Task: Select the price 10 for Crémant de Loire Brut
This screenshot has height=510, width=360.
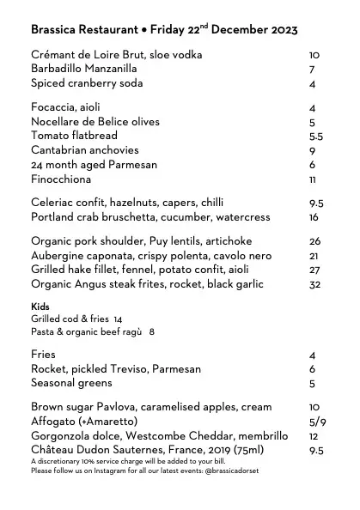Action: pyautogui.click(x=314, y=55)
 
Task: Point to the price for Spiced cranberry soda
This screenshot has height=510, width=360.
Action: pyautogui.click(x=313, y=84)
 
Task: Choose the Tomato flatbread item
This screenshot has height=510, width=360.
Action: pyautogui.click(x=74, y=136)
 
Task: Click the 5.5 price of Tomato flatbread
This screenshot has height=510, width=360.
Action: pyautogui.click(x=315, y=137)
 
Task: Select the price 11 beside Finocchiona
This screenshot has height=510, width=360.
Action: pyautogui.click(x=313, y=180)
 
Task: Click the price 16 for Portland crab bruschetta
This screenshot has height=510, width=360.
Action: pyautogui.click(x=314, y=218)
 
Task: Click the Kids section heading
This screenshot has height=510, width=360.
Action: pyautogui.click(x=40, y=307)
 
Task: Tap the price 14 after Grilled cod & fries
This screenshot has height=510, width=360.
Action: pyautogui.click(x=118, y=319)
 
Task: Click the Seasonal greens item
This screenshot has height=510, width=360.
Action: pyautogui.click(x=74, y=384)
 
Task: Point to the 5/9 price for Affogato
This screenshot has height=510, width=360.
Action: pyautogui.click(x=317, y=422)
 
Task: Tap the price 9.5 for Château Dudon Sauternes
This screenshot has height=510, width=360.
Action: pyautogui.click(x=315, y=451)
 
